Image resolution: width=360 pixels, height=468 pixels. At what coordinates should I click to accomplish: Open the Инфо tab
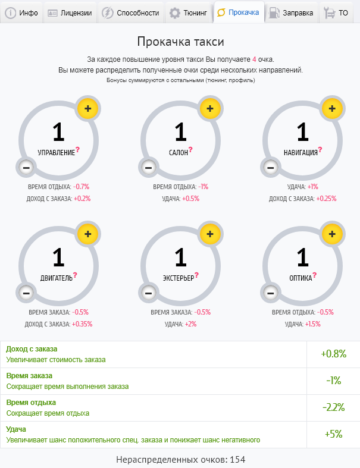click(x=21, y=12)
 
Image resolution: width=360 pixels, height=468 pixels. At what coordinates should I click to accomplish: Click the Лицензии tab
click(x=70, y=12)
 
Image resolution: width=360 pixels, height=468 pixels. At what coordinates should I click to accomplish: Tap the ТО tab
click(x=337, y=12)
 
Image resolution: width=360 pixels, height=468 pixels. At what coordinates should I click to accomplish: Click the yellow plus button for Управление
click(x=87, y=108)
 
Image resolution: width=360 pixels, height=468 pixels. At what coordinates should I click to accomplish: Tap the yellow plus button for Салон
click(x=209, y=108)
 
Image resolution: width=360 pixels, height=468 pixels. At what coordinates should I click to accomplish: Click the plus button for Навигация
click(x=332, y=108)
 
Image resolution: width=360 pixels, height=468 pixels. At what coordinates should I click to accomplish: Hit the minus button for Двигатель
click(x=26, y=293)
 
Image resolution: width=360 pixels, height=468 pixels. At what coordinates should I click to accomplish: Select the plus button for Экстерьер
click(x=209, y=234)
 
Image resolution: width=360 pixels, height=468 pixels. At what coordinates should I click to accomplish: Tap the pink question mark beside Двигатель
click(x=76, y=275)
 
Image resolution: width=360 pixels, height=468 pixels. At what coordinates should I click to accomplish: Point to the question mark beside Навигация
click(x=320, y=149)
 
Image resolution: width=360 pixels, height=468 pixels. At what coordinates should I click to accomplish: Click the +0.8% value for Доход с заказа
click(x=333, y=354)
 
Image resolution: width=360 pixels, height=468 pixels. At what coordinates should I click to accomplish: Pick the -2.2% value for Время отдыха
click(x=333, y=407)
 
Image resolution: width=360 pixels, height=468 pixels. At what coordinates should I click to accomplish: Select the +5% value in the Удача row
click(x=333, y=434)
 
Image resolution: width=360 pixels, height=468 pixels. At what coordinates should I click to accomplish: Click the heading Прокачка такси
click(x=180, y=42)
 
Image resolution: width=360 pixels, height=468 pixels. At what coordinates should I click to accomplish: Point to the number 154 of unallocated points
click(x=237, y=460)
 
